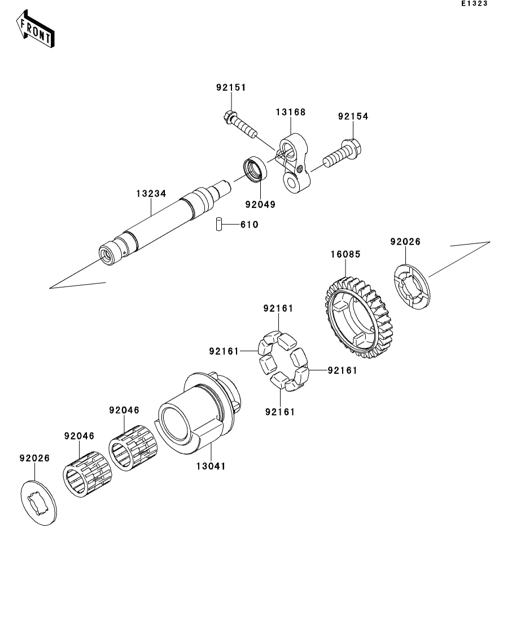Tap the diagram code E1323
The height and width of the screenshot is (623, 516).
point(473,4)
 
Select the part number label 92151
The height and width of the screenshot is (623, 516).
point(231,88)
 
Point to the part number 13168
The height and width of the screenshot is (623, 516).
point(290,112)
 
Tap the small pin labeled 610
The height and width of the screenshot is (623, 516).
point(217,224)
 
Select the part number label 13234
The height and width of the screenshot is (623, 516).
point(151,194)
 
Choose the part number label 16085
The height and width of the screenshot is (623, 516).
point(345,255)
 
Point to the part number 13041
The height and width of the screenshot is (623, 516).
point(211,466)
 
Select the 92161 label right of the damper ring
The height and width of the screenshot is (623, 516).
point(342,371)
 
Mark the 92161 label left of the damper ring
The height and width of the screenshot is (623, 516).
point(224,351)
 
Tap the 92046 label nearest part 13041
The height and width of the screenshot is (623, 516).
point(124,410)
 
